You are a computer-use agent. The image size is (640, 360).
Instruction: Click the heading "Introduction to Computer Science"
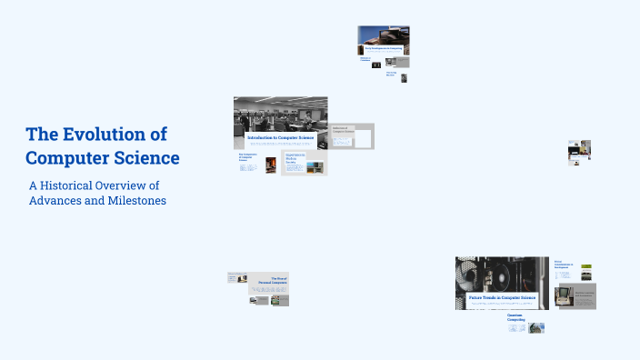(281, 138)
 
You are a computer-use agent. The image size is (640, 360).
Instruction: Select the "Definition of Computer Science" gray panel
(350, 136)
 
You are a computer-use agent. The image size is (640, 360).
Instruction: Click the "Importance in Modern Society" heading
(295, 157)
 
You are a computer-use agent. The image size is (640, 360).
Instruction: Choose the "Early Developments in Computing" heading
(386, 48)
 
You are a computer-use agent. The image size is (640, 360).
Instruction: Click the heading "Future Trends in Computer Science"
(502, 297)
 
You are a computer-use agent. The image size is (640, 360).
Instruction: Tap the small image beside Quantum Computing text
(536, 327)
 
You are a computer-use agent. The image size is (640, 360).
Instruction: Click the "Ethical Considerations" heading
(564, 265)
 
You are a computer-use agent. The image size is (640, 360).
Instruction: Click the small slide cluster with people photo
(579, 151)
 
